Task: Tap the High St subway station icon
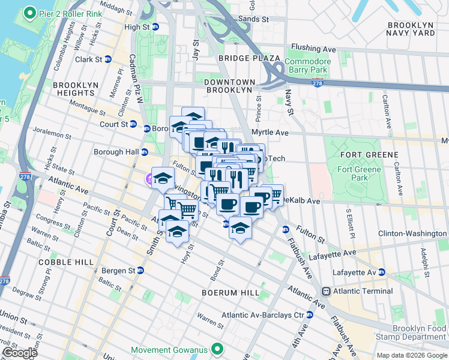pyautogui.click(x=155, y=28)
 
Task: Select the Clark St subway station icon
pyautogui.click(x=108, y=59)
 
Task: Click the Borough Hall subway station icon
pyautogui.click(x=144, y=152)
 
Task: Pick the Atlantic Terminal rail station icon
pyautogui.click(x=326, y=291)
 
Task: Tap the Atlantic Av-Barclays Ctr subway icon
pyautogui.click(x=310, y=315)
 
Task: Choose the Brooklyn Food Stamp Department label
pyautogui.click(x=420, y=332)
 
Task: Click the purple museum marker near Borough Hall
pyautogui.click(x=149, y=178)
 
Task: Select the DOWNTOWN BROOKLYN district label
pyautogui.click(x=228, y=85)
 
